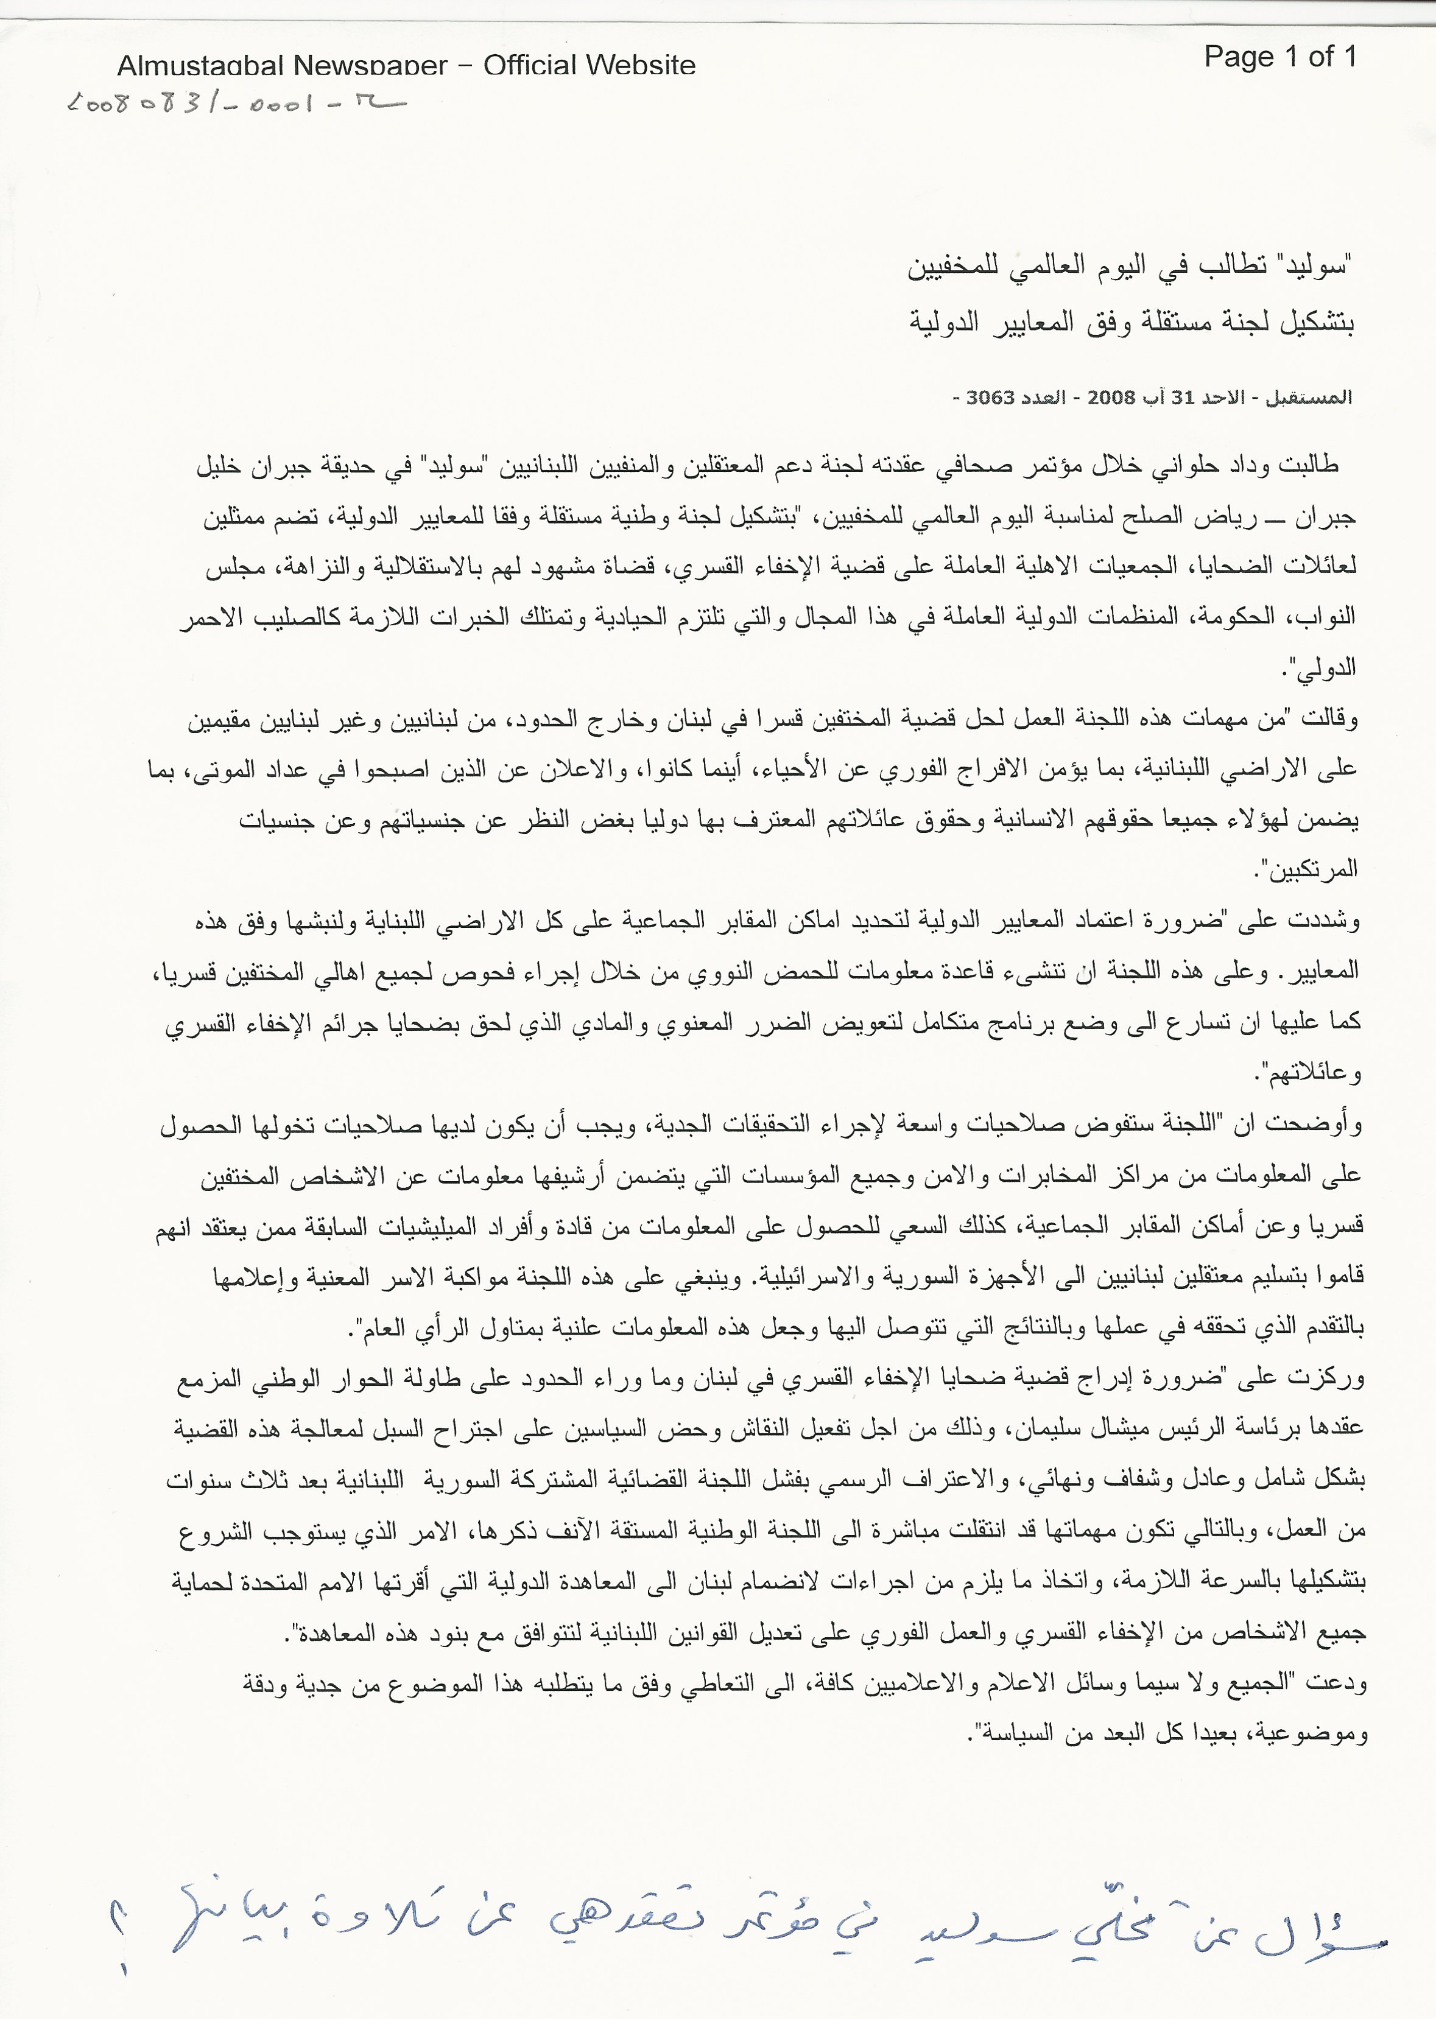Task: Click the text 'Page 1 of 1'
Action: pyautogui.click(x=1279, y=57)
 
